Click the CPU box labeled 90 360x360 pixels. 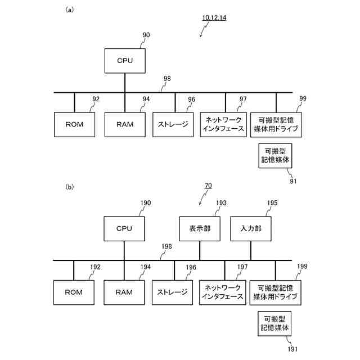point(125,60)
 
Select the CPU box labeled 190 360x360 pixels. point(124,229)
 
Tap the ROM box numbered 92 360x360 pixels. point(74,124)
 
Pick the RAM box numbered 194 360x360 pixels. point(124,292)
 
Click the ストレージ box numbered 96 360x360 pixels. point(174,124)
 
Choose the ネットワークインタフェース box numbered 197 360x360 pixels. point(224,292)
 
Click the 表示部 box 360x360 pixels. point(199,229)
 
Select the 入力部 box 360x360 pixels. point(251,229)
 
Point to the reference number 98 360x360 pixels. point(166,79)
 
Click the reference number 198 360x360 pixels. point(166,246)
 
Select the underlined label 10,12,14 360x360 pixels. point(214,17)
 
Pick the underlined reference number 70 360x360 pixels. point(208,185)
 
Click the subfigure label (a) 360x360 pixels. point(70,10)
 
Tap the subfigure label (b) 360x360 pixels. point(70,186)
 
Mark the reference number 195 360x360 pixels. point(272,202)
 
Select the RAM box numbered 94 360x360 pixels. point(124,124)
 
